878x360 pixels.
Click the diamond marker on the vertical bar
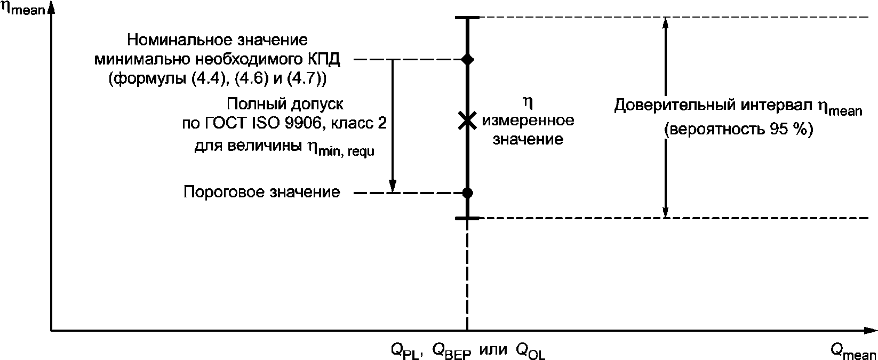[x=467, y=59]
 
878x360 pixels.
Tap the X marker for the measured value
[x=467, y=121]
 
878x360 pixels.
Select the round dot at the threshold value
[x=467, y=193]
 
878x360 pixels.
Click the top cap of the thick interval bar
[x=467, y=18]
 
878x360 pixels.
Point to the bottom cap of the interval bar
[x=467, y=218]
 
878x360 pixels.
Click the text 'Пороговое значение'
[x=261, y=192]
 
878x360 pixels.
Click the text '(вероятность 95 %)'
[x=738, y=130]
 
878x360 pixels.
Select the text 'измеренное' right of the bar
[x=528, y=121]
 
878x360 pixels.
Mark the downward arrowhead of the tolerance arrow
[x=393, y=186]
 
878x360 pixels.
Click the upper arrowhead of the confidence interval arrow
[x=665, y=23]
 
